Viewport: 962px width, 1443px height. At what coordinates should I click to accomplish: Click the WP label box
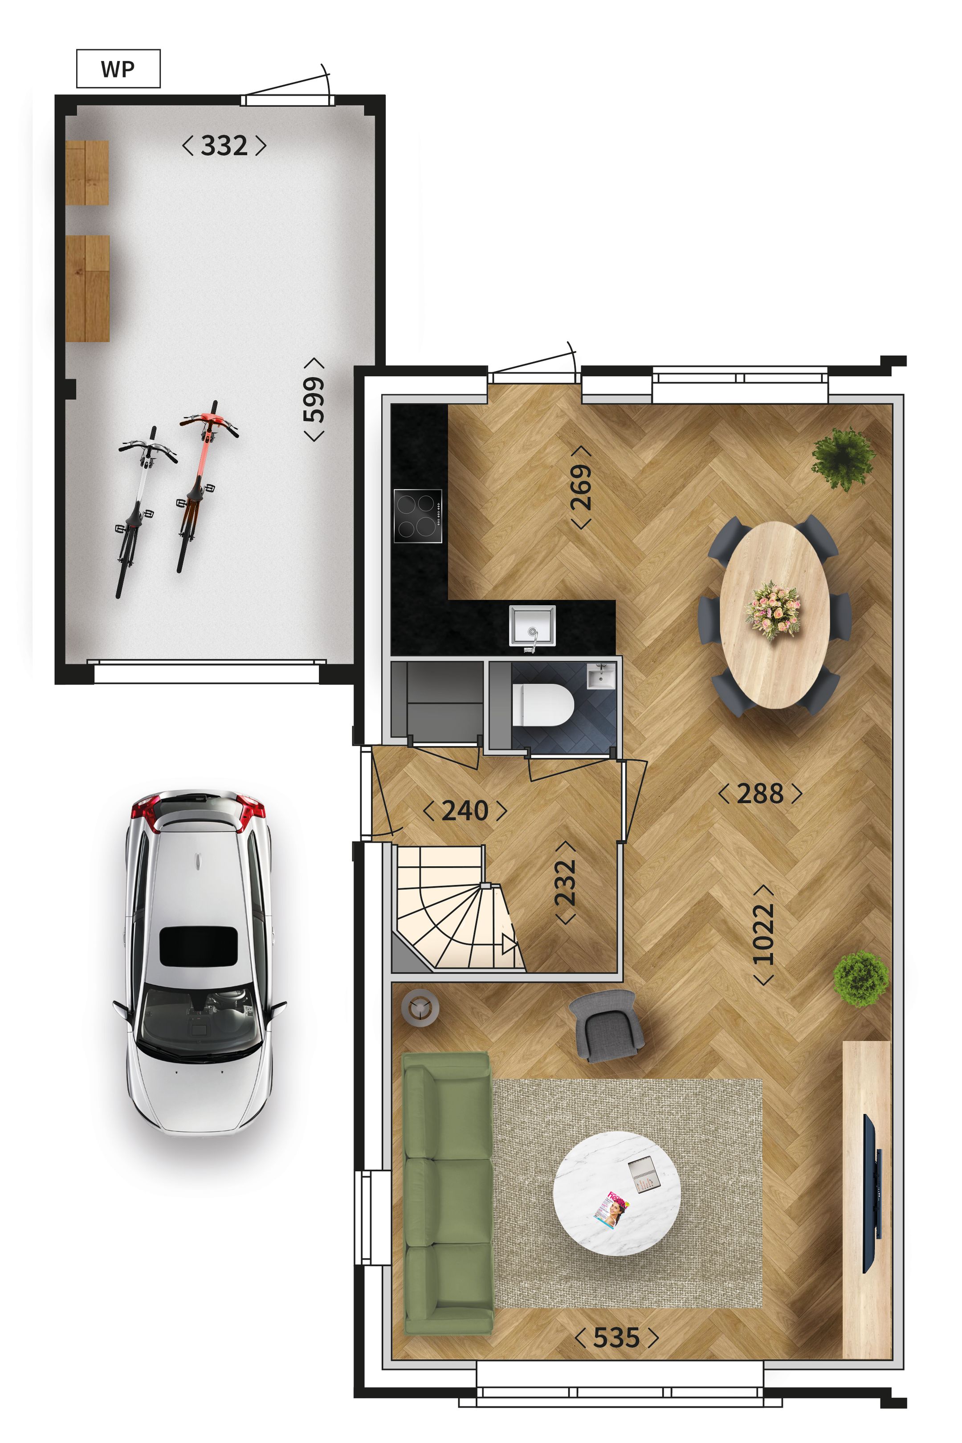[118, 69]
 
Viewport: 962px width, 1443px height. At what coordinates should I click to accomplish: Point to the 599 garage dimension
[314, 399]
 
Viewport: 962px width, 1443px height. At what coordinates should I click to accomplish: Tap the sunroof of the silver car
[198, 946]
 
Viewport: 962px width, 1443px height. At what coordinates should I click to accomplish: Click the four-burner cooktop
[417, 515]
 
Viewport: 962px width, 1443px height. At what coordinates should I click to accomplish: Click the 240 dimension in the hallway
[465, 811]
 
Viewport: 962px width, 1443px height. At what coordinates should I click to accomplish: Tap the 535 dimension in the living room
[616, 1338]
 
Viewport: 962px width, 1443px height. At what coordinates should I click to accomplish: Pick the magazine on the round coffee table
[611, 1209]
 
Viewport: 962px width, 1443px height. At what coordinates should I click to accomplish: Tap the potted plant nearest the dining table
[844, 458]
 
